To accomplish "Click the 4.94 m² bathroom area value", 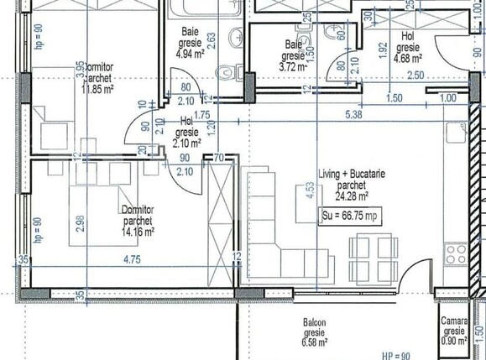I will pos(191,53).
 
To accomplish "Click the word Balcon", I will pos(315,322).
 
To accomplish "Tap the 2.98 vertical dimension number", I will pos(80,222).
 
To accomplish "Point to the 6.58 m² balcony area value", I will pos(315,342).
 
